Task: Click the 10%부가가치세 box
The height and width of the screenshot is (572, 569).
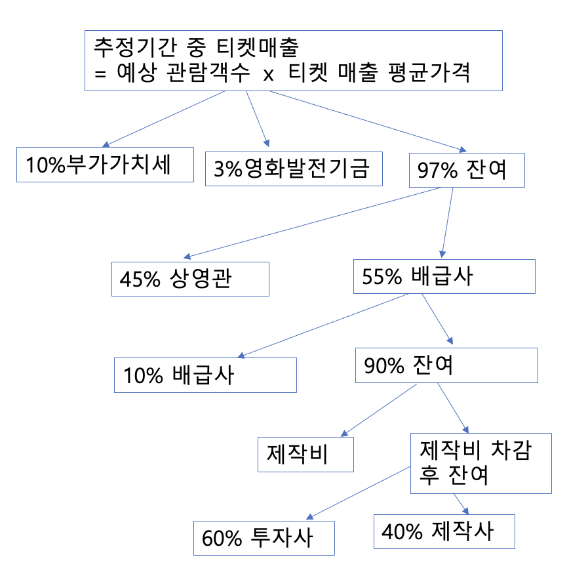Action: pos(105,165)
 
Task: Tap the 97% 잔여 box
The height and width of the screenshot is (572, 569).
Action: pos(466,171)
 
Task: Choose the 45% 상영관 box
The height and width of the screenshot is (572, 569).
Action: pos(190,279)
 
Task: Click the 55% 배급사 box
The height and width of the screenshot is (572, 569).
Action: pos(444,276)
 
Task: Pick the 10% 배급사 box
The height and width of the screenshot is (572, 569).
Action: pos(205,375)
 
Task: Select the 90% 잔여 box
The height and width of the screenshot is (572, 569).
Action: pos(446,365)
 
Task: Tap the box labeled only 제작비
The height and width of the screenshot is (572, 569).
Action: pos(306,454)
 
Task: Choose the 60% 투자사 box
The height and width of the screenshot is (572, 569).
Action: pos(264,538)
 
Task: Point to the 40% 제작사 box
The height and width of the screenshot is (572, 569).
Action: pos(444,531)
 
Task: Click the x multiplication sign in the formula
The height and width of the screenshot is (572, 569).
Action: pos(267,74)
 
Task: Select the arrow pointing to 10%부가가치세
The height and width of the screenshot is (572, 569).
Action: pos(164,119)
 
